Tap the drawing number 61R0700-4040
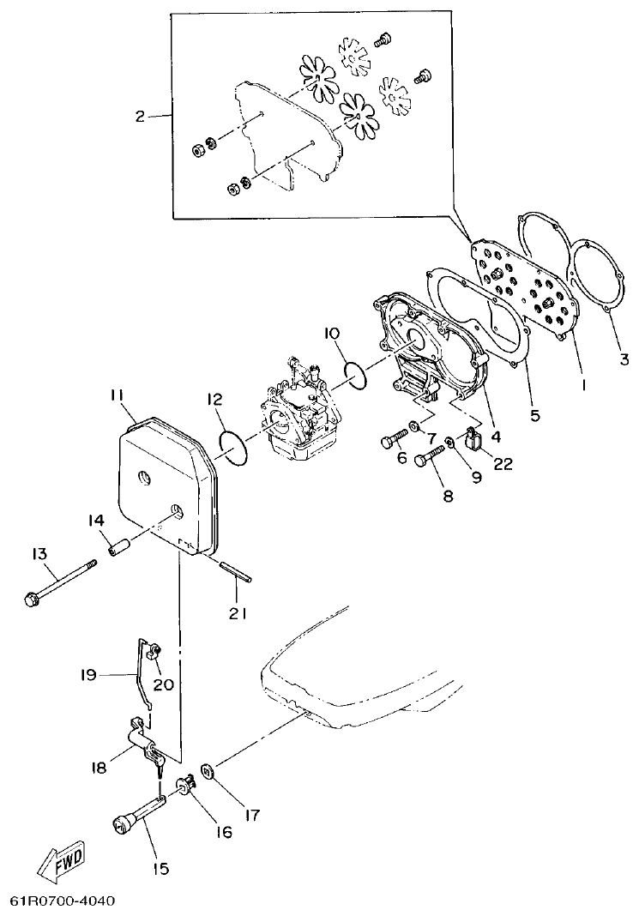[x=62, y=901]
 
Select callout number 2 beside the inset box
[x=141, y=117]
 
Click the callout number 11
[x=117, y=395]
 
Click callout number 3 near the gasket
[x=624, y=359]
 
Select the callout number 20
[x=163, y=684]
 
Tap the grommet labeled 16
[x=184, y=784]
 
